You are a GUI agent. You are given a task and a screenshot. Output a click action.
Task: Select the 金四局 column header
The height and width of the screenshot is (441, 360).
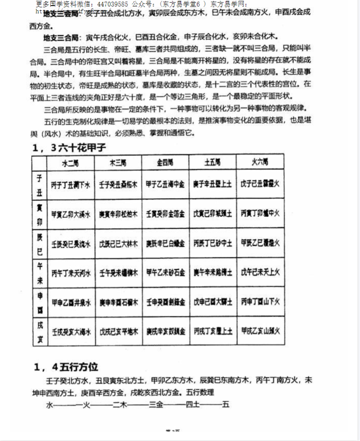(165, 162)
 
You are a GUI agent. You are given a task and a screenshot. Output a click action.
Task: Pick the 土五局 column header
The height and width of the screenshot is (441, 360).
(213, 162)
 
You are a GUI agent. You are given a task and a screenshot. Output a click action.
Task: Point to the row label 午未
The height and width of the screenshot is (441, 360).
(39, 272)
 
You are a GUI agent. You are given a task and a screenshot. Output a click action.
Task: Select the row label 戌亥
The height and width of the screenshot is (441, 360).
(39, 331)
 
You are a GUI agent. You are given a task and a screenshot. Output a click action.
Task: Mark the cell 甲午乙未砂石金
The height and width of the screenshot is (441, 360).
(165, 272)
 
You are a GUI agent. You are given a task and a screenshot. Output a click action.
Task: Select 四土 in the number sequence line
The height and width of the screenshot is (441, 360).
(192, 405)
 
